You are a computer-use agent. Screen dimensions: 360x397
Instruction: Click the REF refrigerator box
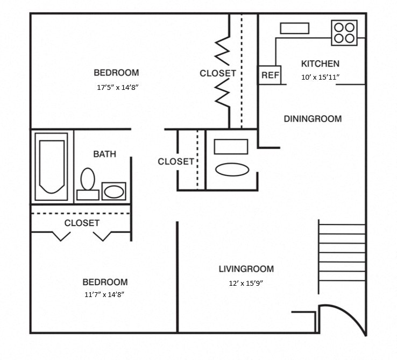click(x=270, y=75)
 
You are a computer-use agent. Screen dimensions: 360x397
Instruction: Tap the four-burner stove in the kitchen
click(x=344, y=32)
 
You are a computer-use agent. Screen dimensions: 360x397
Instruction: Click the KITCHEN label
click(x=320, y=63)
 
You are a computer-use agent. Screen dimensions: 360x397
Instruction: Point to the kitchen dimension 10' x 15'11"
click(x=320, y=77)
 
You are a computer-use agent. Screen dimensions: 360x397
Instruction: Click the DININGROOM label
click(x=313, y=119)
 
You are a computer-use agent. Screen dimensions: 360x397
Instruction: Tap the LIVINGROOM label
click(x=246, y=269)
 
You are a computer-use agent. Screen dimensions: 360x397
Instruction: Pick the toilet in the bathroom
click(x=87, y=182)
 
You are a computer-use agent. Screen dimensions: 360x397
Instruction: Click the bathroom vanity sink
click(x=114, y=191)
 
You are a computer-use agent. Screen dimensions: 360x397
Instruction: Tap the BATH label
click(x=104, y=154)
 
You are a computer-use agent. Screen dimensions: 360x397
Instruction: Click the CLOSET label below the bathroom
click(x=82, y=223)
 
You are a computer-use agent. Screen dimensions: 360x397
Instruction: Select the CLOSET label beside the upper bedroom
click(x=217, y=73)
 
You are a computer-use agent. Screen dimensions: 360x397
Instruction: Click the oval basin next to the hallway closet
click(x=232, y=169)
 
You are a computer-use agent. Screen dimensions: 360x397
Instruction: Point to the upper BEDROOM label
click(x=116, y=73)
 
